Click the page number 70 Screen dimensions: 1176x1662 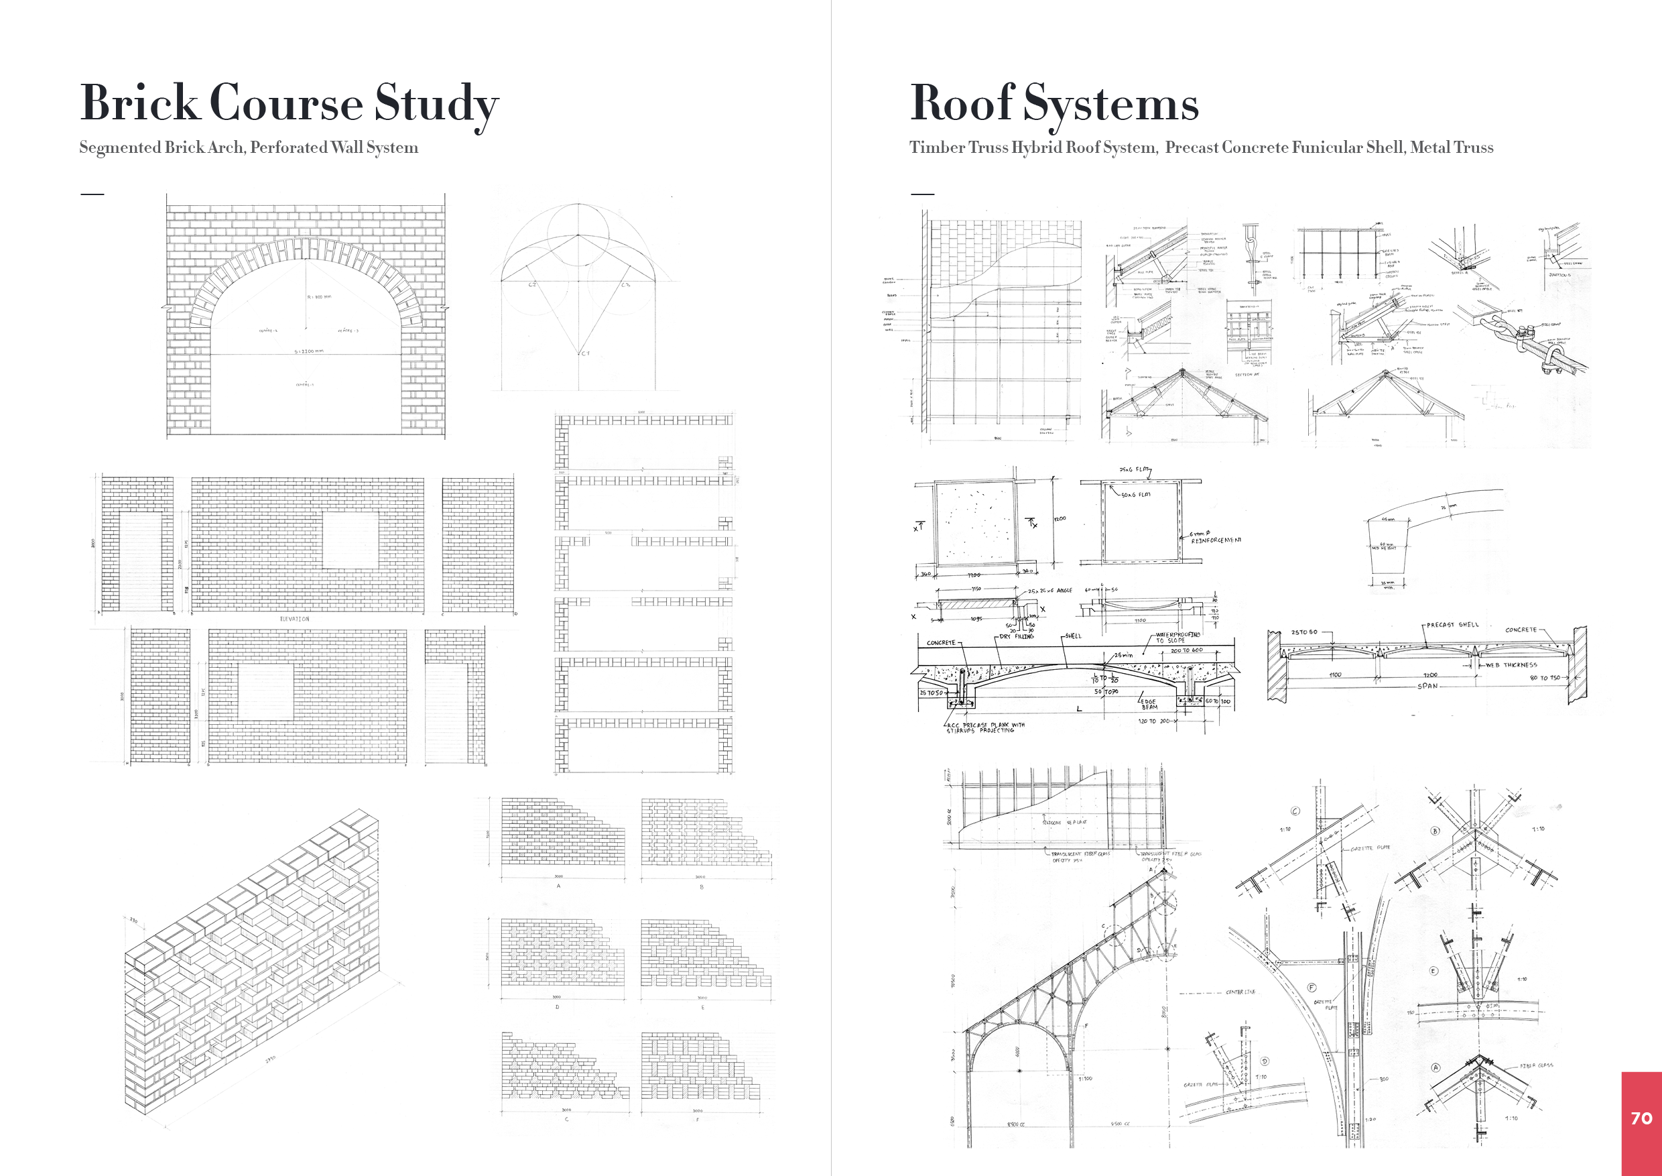[1641, 1118]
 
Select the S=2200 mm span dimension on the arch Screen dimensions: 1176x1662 [309, 351]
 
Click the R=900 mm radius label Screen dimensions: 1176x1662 [319, 297]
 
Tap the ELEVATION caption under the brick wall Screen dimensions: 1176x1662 [294, 619]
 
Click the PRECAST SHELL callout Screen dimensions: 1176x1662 [1452, 625]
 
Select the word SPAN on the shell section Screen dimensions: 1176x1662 [1427, 686]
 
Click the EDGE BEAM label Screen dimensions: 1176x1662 [1149, 704]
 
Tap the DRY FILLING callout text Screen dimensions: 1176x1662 [1017, 636]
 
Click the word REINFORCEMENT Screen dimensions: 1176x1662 [1216, 540]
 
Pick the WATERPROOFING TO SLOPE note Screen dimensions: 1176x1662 [1177, 637]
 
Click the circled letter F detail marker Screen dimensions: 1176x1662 [1312, 988]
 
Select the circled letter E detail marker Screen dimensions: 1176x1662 [1433, 971]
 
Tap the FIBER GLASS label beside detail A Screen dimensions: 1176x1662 [1536, 1065]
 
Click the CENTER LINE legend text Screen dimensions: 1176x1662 [1240, 992]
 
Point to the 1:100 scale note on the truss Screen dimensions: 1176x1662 [1085, 1079]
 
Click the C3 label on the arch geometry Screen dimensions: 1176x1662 [625, 284]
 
